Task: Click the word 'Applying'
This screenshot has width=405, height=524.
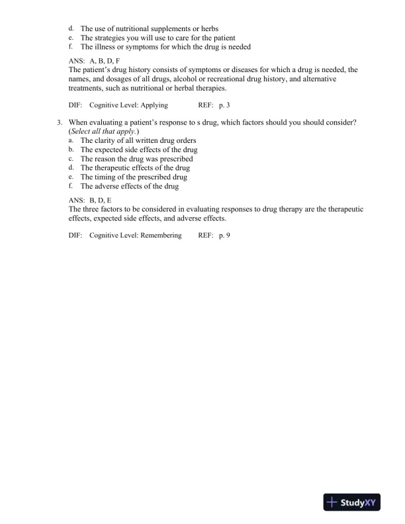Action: click(152, 105)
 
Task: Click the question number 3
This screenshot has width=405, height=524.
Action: click(60, 123)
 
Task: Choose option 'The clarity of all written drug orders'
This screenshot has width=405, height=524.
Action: click(138, 141)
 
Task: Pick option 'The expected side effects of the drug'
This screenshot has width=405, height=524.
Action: click(139, 150)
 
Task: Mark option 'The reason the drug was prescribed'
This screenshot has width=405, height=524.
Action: click(137, 159)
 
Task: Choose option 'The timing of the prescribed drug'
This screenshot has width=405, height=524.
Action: click(134, 177)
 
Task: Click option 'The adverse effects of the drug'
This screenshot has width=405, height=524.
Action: click(130, 187)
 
